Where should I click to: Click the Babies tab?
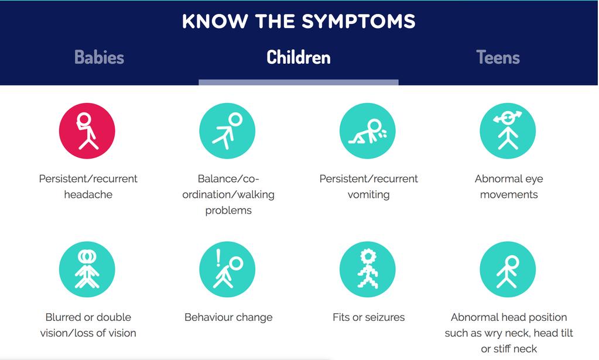point(100,57)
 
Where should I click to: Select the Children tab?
point(299,57)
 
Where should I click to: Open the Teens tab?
point(498,57)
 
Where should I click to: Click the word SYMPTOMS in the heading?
point(358,22)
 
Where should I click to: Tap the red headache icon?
point(87,131)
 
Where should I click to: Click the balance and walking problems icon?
point(227,131)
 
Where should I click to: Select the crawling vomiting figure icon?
point(368,131)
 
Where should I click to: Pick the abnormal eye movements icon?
point(508,131)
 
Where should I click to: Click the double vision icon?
point(87,269)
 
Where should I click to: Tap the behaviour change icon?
point(227,269)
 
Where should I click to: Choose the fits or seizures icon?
point(368,269)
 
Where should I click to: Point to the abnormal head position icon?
point(508,269)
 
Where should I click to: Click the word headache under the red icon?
point(88,195)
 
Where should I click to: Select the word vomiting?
point(369,195)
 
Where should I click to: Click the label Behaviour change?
point(228,318)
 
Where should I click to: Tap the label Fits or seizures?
point(369,317)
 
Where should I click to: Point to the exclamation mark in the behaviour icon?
point(218,258)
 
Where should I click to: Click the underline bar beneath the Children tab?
point(299,83)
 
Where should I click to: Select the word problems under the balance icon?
point(228,211)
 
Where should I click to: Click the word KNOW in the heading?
point(215,22)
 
